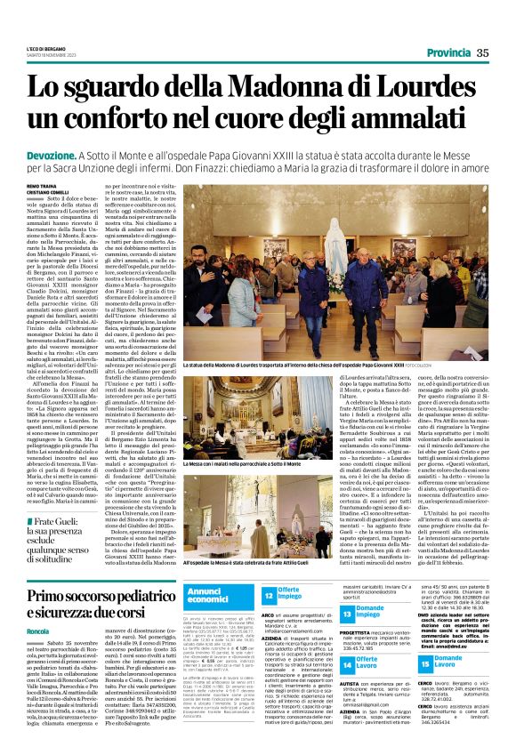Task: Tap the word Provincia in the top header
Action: pos(455,53)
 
